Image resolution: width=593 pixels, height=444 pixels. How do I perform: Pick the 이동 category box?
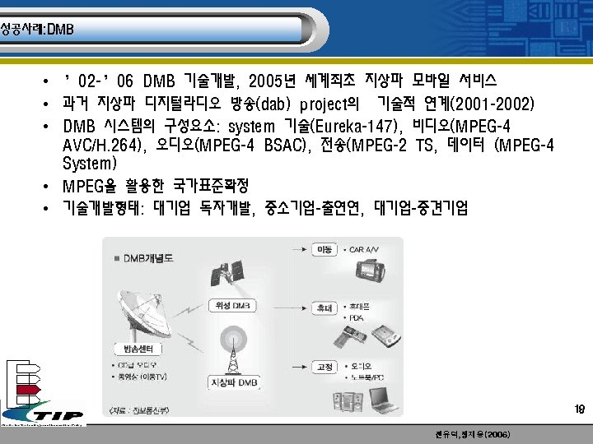[325, 248]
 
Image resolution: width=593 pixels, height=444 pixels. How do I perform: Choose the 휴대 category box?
[325, 308]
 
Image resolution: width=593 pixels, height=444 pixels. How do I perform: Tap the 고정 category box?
[325, 368]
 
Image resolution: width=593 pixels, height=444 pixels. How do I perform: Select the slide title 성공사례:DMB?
[37, 30]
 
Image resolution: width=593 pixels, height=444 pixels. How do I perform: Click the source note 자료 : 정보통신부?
[140, 409]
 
